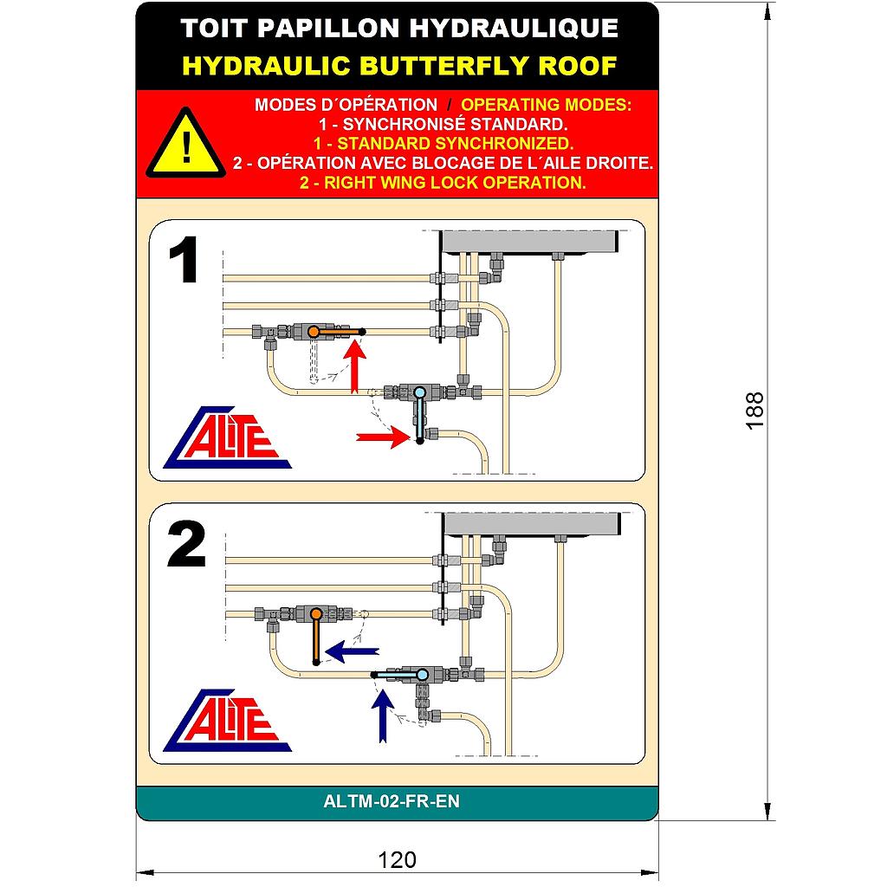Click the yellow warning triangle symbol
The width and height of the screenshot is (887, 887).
[185, 144]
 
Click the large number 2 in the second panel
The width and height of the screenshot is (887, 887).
[186, 546]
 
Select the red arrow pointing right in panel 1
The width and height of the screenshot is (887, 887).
[381, 437]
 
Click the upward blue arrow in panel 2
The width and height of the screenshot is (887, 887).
[380, 715]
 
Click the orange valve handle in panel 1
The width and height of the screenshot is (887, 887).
[337, 332]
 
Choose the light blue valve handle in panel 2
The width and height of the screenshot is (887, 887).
[398, 673]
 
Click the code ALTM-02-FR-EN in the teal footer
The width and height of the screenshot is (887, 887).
[392, 802]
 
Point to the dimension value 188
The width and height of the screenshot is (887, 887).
[755, 410]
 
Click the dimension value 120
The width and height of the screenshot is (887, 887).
[398, 860]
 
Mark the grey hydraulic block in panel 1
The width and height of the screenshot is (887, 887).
[529, 242]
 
